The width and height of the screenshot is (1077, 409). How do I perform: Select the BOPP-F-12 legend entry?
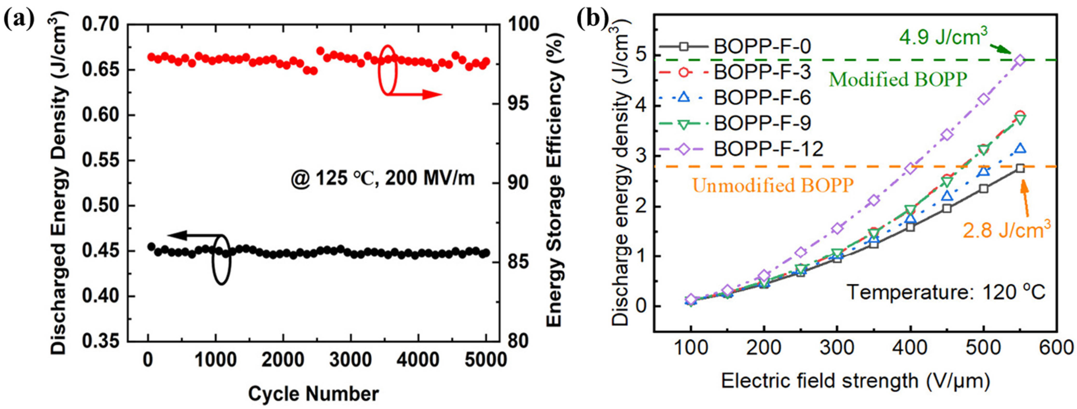coord(768,149)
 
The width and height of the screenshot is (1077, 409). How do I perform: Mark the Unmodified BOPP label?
coord(772,185)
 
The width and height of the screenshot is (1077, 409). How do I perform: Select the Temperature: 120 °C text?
coord(946,292)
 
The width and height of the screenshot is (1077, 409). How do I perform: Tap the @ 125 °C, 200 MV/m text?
coord(383,179)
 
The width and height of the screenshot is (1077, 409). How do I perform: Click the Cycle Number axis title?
coord(313,393)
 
